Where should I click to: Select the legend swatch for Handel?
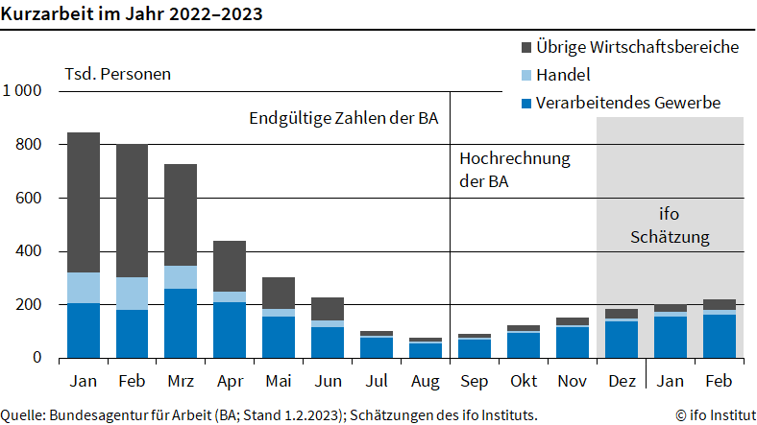(527, 75)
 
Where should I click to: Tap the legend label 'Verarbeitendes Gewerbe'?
(628, 103)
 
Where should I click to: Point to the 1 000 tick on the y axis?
(22, 91)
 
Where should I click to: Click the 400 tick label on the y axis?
(30, 251)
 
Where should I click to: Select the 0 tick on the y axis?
(37, 358)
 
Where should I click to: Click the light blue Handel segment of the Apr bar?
(229, 296)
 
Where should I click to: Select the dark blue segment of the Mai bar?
(278, 337)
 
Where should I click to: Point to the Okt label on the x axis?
(524, 381)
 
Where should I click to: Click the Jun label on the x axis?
(327, 381)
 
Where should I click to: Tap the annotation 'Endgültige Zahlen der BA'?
(344, 119)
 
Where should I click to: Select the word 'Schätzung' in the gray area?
(669, 236)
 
